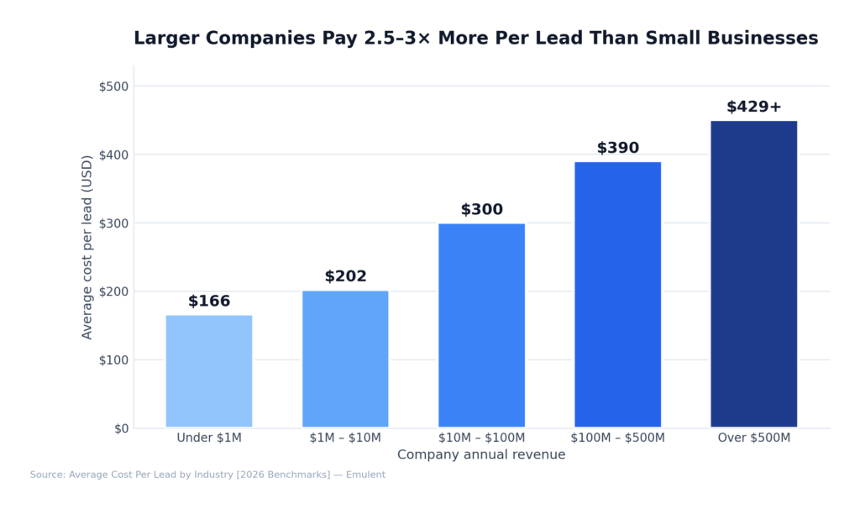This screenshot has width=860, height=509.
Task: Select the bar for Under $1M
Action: click(209, 370)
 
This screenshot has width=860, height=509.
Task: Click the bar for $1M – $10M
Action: click(345, 359)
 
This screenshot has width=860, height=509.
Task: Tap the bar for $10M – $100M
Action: click(481, 325)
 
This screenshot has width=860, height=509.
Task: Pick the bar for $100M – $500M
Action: click(617, 294)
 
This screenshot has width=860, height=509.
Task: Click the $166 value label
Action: click(209, 302)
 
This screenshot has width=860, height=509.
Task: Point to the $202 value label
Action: click(345, 276)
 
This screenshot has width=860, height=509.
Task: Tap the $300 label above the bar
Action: click(481, 210)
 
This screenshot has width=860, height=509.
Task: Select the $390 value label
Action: click(617, 149)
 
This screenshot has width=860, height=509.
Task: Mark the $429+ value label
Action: click(753, 107)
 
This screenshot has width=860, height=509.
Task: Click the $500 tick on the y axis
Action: click(113, 87)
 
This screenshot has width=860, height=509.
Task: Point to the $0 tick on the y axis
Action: click(121, 428)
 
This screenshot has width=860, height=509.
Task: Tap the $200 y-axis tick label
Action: click(113, 291)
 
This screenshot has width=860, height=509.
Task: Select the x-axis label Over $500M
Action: click(753, 438)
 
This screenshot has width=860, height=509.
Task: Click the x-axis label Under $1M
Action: click(209, 438)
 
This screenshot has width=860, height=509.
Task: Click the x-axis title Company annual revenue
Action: click(481, 454)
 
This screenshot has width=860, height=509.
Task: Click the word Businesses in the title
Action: click(763, 39)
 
